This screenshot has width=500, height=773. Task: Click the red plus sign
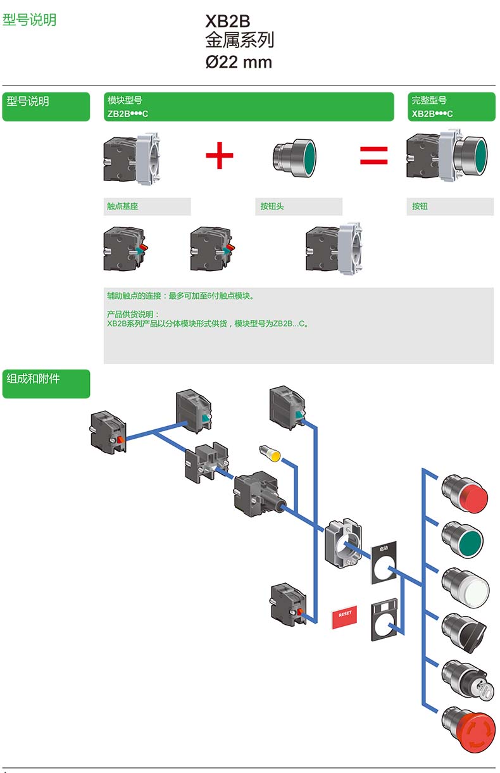(x=220, y=156)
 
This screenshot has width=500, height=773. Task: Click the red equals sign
(x=373, y=156)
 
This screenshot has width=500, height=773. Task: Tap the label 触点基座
(x=123, y=206)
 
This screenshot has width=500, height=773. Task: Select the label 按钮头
(x=273, y=206)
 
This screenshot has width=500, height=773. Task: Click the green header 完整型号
(x=429, y=100)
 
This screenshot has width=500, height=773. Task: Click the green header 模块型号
(x=125, y=100)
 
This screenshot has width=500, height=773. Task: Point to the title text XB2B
(x=228, y=22)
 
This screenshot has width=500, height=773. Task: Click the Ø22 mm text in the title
(x=239, y=62)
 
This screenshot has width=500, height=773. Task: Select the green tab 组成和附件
(x=33, y=379)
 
